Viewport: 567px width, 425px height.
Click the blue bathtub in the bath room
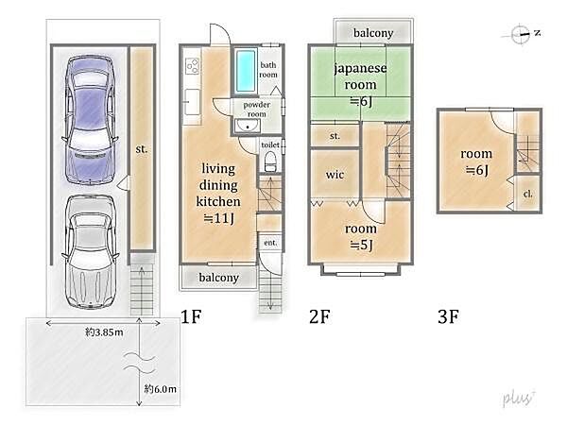pyautogui.click(x=245, y=71)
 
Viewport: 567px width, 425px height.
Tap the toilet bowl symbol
pyautogui.click(x=269, y=161)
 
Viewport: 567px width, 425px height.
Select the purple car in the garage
pyautogui.click(x=91, y=120)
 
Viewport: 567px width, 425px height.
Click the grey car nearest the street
pyautogui.click(x=91, y=252)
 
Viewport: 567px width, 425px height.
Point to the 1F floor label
pyautogui.click(x=191, y=316)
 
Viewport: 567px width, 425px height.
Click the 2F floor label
pyautogui.click(x=319, y=316)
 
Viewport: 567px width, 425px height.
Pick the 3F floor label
pyautogui.click(x=448, y=316)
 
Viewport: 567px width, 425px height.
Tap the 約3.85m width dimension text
pyautogui.click(x=104, y=331)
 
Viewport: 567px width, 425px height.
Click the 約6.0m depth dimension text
pyautogui.click(x=161, y=389)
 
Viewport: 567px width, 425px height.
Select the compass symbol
pyautogui.click(x=521, y=34)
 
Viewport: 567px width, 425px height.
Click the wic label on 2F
pyautogui.click(x=335, y=175)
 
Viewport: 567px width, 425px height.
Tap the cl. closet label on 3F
pyautogui.click(x=527, y=194)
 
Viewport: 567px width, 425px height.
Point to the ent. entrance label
pyautogui.click(x=270, y=243)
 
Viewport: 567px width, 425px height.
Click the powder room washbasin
pyautogui.click(x=248, y=127)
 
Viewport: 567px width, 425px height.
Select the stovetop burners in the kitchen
pyautogui.click(x=193, y=66)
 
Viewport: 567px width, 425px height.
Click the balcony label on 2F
pyautogui.click(x=373, y=33)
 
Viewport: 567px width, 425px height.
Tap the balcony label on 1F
pyautogui.click(x=219, y=278)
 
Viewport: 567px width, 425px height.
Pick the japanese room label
pyautogui.click(x=360, y=76)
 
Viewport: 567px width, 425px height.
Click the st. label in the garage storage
pyautogui.click(x=142, y=148)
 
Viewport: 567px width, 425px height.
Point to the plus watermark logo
pyautogui.click(x=519, y=399)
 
